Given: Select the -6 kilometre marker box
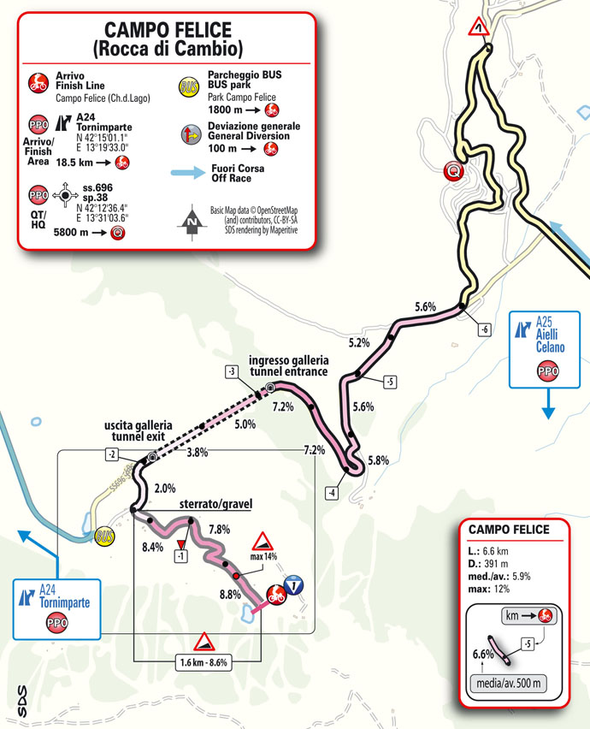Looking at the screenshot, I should (x=484, y=329).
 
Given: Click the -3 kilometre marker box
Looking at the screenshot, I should (x=231, y=371).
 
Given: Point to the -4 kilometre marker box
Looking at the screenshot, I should (x=330, y=492).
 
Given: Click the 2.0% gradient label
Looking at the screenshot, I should (x=165, y=489).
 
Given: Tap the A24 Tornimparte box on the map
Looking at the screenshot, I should (x=58, y=607).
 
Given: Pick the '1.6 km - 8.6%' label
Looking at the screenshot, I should (x=204, y=661).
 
